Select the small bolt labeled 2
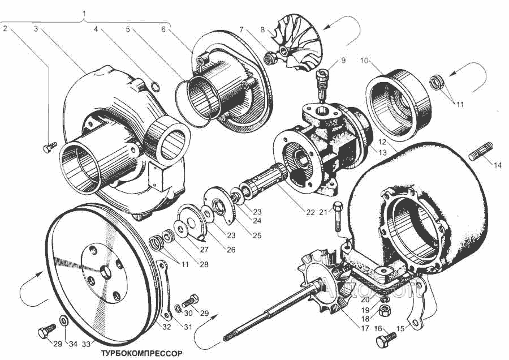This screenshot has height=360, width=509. tap(48, 148)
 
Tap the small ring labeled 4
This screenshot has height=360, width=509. tap(156, 86)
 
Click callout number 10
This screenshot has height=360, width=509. tap(364, 59)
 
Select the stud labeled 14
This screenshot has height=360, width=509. tap(479, 152)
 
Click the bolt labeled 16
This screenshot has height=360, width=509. tap(385, 341)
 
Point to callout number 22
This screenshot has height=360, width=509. tap(309, 212)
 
